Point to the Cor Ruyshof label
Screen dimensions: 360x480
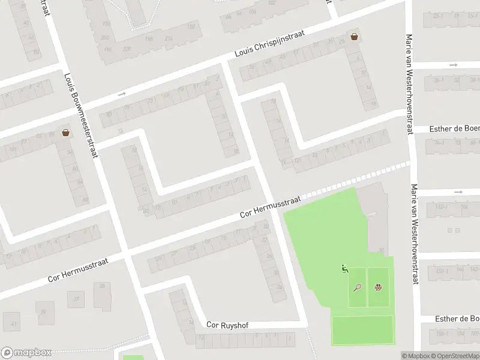tap(227, 325)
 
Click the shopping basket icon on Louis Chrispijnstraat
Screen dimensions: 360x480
tap(355, 36)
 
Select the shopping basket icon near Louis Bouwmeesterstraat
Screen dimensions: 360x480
tap(65, 133)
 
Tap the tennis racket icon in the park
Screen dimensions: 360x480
tap(358, 288)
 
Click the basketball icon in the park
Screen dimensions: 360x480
tap(378, 288)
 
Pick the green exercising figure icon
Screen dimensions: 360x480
tap(344, 269)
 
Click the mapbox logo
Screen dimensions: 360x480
tap(25, 353)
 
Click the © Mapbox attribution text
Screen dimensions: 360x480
tap(415, 356)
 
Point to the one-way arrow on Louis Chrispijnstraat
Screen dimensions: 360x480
tap(122, 94)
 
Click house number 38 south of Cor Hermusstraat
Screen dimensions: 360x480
tap(103, 286)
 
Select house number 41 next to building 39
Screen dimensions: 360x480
tap(14, 324)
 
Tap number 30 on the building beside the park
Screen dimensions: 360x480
tap(381, 251)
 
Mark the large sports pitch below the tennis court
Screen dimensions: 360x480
tap(362, 330)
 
